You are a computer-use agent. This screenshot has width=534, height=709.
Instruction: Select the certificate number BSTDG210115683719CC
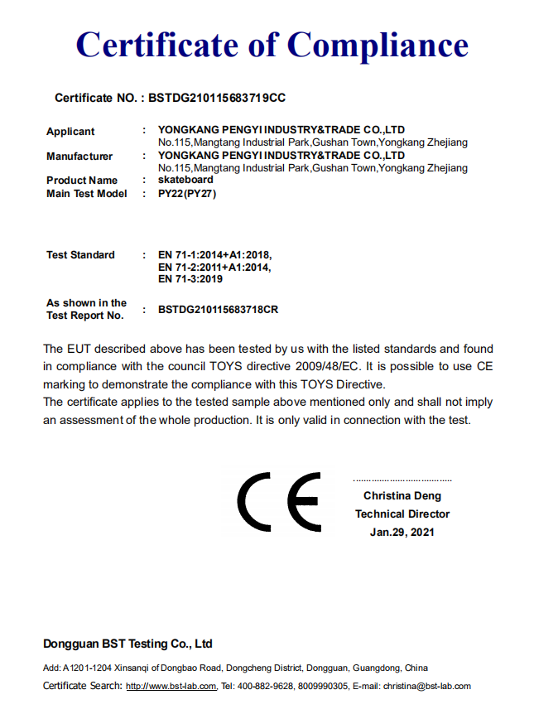coord(217,98)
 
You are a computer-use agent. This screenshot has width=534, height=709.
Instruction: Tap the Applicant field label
coord(70,132)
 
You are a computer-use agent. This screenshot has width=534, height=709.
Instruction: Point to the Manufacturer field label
coord(79,157)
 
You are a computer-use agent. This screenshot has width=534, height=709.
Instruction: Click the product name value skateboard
coord(185,180)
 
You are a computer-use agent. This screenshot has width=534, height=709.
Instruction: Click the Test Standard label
coord(80,255)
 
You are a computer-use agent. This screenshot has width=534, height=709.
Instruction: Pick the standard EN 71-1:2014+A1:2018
coord(214,255)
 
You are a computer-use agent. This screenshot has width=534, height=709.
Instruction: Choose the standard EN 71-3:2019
coord(190,279)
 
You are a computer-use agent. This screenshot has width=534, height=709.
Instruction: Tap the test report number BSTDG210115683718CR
coord(218,310)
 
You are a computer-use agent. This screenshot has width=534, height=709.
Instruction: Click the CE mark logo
coord(279,503)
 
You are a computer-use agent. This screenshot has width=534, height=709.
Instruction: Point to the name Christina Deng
coord(402,496)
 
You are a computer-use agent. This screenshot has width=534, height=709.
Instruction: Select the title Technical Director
coord(402,514)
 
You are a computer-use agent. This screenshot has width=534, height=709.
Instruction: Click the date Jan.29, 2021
coord(402,532)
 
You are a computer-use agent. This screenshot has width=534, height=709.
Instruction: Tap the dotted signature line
coord(402,480)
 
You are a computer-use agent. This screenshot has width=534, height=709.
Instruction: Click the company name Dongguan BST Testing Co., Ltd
coord(127,644)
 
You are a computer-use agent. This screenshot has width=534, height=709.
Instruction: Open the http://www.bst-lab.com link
coord(171,686)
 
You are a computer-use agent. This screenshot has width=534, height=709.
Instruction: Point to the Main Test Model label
coord(87,194)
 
